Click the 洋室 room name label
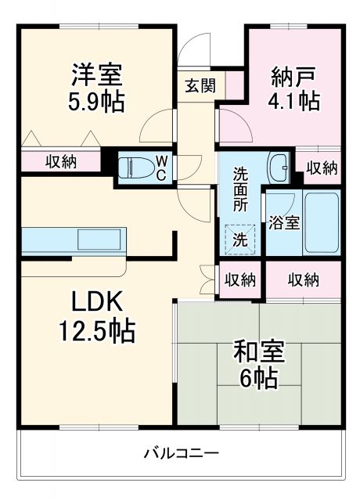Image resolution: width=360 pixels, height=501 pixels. pyautogui.click(x=96, y=77)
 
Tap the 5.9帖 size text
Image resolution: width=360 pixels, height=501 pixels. pyautogui.click(x=96, y=102)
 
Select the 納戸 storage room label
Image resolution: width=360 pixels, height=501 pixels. pyautogui.click(x=294, y=77)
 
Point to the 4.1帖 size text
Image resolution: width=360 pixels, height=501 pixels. pyautogui.click(x=294, y=102)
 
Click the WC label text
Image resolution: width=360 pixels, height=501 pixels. pyautogui.click(x=160, y=168)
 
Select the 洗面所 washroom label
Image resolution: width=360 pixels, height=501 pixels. pyautogui.click(x=240, y=188)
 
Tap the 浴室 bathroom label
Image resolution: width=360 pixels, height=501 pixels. pyautogui.click(x=283, y=222)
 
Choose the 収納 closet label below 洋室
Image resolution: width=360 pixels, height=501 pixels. pyautogui.click(x=60, y=162)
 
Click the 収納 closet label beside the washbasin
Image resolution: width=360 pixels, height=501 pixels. pyautogui.click(x=321, y=167)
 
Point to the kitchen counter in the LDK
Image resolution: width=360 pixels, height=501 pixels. pyautogui.click(x=71, y=238)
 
